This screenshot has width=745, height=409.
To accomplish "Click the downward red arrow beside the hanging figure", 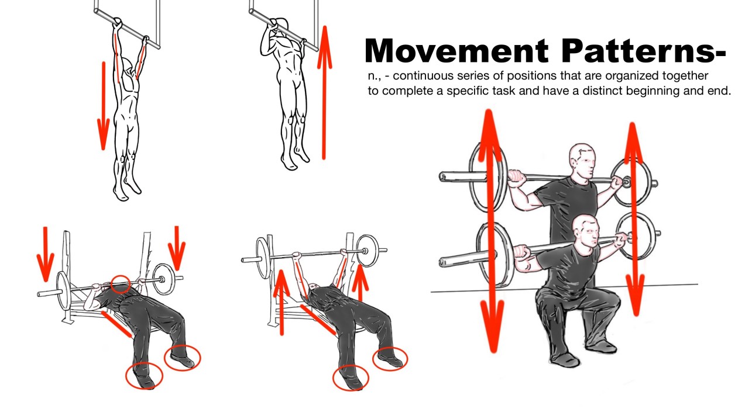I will [x=104, y=105].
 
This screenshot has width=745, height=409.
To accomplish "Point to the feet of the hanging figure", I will [x=126, y=187].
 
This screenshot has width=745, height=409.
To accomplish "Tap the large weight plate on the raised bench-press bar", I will [x=366, y=250].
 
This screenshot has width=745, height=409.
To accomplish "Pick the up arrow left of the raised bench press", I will [x=282, y=301].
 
